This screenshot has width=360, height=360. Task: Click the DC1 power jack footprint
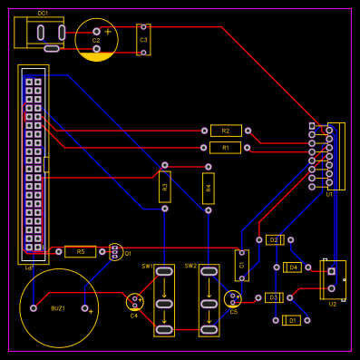[42, 34]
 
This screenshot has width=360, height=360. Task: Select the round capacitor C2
[96, 40]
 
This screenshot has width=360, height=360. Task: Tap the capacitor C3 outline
[143, 39]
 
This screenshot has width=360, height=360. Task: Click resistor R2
[226, 131]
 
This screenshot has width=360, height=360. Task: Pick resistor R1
[226, 147]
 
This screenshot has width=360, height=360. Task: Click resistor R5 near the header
[80, 251]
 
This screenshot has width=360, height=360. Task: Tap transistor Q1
[114, 252]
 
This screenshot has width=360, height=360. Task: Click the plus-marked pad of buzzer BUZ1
[86, 308]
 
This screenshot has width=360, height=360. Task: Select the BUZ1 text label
[57, 308]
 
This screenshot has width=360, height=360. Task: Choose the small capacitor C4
[135, 302]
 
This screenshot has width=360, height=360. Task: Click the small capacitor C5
[233, 298]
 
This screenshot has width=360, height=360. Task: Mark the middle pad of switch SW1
[164, 302]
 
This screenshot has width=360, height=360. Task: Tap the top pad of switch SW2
[209, 271]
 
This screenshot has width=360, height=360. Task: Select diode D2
[274, 239]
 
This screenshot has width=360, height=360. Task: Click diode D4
[292, 268]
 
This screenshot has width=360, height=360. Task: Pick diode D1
[291, 320]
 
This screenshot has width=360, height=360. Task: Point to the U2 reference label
[333, 304]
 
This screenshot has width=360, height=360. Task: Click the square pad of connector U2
[332, 271]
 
